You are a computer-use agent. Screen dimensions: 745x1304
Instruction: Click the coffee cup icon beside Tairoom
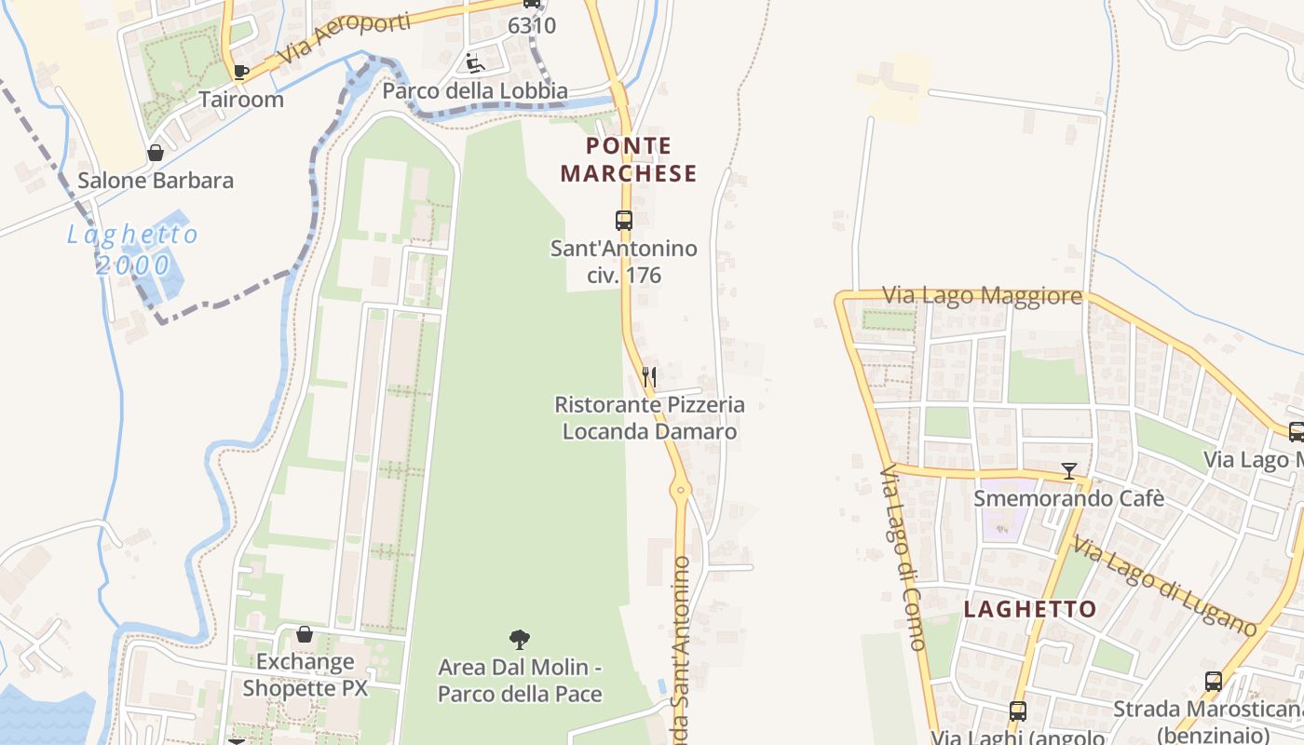point(240,72)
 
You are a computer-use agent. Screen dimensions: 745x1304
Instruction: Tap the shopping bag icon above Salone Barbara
point(156,153)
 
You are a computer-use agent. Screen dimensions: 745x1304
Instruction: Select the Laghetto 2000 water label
point(133,250)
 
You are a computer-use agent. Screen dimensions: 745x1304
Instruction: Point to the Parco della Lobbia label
point(475,91)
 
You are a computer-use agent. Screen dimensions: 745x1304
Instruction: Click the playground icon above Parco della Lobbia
point(475,63)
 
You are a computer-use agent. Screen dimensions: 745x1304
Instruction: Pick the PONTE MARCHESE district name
point(629,159)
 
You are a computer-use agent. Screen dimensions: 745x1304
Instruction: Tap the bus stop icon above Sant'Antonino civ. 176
point(624,221)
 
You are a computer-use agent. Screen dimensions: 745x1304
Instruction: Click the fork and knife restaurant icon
point(649,377)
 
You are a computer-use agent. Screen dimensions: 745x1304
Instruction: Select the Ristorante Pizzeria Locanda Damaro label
point(650,418)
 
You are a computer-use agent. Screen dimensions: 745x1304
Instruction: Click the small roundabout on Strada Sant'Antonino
point(681,488)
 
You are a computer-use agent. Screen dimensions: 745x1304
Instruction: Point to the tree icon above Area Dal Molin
point(520,639)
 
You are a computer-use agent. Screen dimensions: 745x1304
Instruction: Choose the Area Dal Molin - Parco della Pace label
point(520,681)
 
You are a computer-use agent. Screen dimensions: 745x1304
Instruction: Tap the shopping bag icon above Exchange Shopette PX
point(305,635)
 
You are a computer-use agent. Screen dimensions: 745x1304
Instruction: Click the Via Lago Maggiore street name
point(982,296)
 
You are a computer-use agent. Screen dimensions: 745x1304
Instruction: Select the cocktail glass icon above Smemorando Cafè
point(1068,471)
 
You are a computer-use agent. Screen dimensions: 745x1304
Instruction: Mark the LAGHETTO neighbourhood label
point(1029,610)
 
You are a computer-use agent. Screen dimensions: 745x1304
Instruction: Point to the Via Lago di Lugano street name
point(1164,585)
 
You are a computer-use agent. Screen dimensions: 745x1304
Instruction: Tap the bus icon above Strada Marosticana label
point(1213,682)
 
